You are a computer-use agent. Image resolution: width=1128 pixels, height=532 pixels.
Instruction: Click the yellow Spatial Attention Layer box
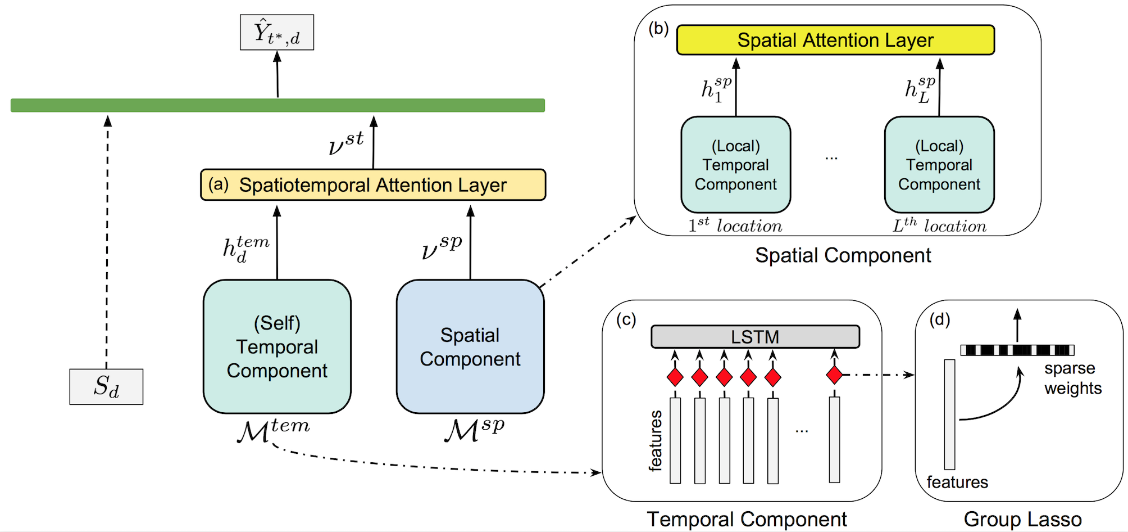835,40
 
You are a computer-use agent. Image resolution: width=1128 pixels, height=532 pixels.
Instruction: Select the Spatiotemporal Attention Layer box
373,185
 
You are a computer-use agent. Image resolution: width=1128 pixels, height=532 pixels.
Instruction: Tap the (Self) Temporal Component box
277,346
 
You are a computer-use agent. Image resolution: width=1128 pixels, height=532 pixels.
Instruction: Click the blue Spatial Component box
470,346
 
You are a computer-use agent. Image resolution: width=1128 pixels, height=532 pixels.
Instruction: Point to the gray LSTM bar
755,337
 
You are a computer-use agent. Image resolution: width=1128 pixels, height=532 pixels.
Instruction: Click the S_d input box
106,387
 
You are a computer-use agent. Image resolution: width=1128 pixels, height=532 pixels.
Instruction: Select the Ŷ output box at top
277,33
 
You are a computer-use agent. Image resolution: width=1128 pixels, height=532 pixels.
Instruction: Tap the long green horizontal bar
278,105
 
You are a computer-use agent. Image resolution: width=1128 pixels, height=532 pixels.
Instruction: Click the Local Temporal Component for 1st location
735,165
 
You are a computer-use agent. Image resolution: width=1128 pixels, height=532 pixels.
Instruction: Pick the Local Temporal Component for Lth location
939,165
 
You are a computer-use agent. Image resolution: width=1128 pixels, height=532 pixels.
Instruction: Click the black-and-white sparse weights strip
1017,350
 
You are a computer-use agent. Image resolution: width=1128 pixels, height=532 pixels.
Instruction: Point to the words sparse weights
1072,378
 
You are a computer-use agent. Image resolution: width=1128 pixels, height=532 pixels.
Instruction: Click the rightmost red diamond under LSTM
835,374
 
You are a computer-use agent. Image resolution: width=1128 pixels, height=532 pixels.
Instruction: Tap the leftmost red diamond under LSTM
675,377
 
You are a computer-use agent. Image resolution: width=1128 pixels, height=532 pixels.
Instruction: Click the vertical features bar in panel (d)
950,414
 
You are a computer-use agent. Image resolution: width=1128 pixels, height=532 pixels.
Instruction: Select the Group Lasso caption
1022,519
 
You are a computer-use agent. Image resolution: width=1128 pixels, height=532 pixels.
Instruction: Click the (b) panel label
658,28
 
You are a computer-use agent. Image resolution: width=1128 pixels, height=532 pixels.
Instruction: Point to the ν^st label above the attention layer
345,143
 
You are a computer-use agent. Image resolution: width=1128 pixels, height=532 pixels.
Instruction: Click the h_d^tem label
245,249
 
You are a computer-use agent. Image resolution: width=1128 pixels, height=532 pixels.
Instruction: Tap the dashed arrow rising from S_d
107,242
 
